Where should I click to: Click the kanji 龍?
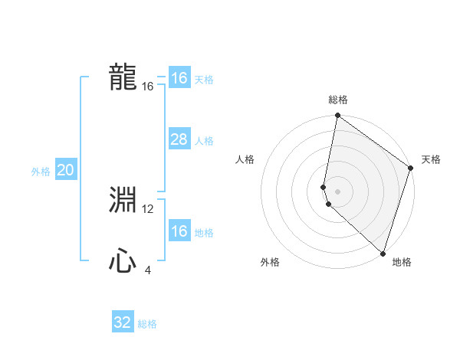(x=123, y=77)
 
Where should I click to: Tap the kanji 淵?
(x=123, y=201)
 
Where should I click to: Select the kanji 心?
(x=123, y=262)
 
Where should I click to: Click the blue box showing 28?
(x=179, y=139)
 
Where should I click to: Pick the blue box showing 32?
(x=123, y=322)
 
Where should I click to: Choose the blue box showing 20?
(x=65, y=171)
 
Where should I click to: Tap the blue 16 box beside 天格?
(x=179, y=78)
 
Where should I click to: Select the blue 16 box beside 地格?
(x=179, y=232)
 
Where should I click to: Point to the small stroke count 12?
(x=148, y=209)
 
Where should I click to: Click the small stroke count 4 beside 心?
(x=148, y=270)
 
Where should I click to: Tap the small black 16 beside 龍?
(x=148, y=87)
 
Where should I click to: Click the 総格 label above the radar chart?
(x=338, y=100)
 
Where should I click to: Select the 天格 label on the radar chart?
(x=431, y=159)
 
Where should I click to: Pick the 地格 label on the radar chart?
(x=402, y=262)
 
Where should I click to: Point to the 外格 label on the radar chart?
(x=270, y=262)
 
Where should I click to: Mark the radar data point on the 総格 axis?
(x=338, y=116)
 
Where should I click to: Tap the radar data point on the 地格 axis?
(x=383, y=253)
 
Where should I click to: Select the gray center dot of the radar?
(x=338, y=191)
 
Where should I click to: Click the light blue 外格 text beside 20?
(x=41, y=172)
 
